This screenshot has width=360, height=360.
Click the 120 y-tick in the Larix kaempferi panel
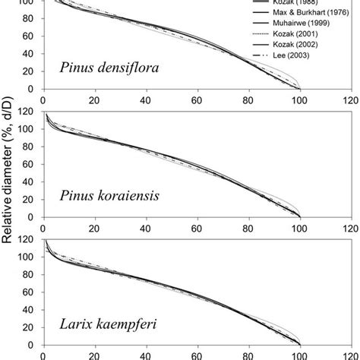(28, 241)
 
